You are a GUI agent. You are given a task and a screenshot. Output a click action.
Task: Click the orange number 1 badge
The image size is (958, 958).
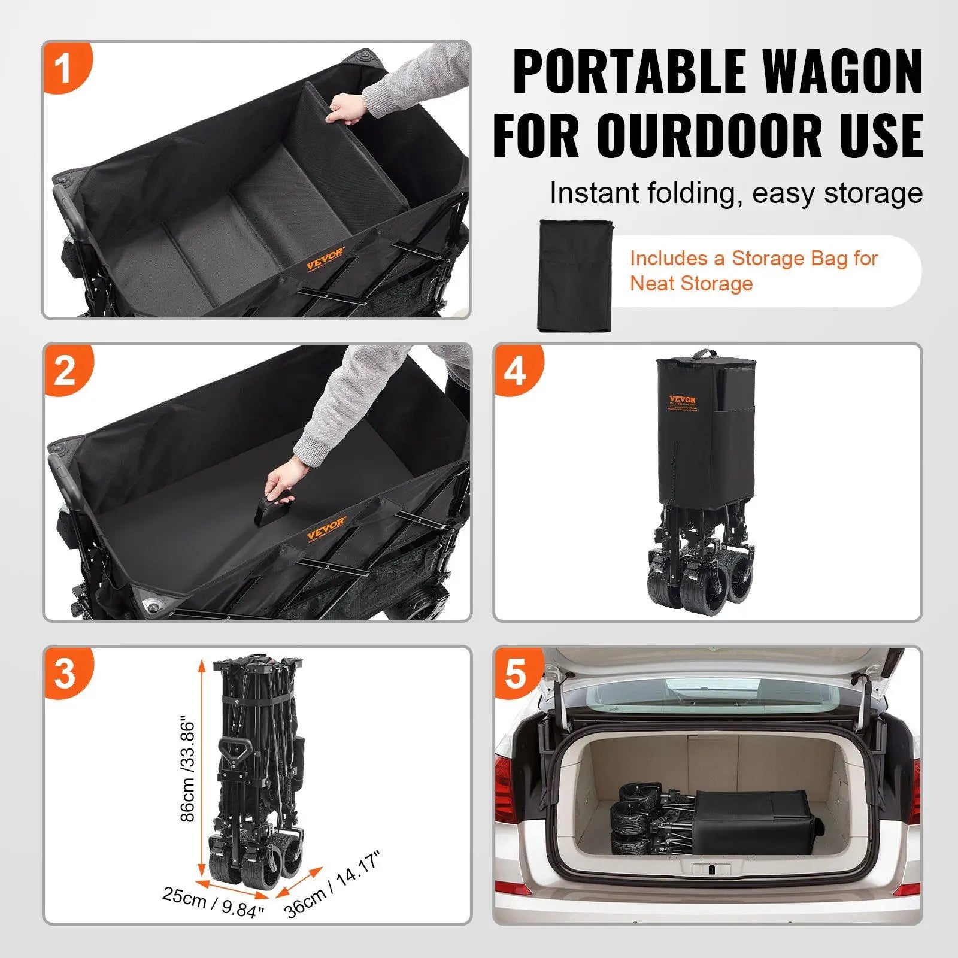tap(65, 67)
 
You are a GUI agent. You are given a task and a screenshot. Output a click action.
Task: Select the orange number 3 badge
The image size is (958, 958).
tap(65, 673)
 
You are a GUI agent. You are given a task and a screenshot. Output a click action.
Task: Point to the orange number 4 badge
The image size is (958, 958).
tap(516, 370)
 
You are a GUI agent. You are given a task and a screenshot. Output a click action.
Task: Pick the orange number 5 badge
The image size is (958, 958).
tap(516, 673)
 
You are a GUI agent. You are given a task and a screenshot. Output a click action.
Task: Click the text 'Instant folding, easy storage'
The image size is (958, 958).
tap(736, 193)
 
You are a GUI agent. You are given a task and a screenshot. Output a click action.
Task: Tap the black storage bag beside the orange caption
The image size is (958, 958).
tap(575, 275)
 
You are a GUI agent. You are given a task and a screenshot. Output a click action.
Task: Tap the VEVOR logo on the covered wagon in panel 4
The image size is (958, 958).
tap(682, 400)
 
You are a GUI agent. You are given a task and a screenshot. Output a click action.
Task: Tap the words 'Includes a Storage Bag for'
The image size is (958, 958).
tap(753, 259)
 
